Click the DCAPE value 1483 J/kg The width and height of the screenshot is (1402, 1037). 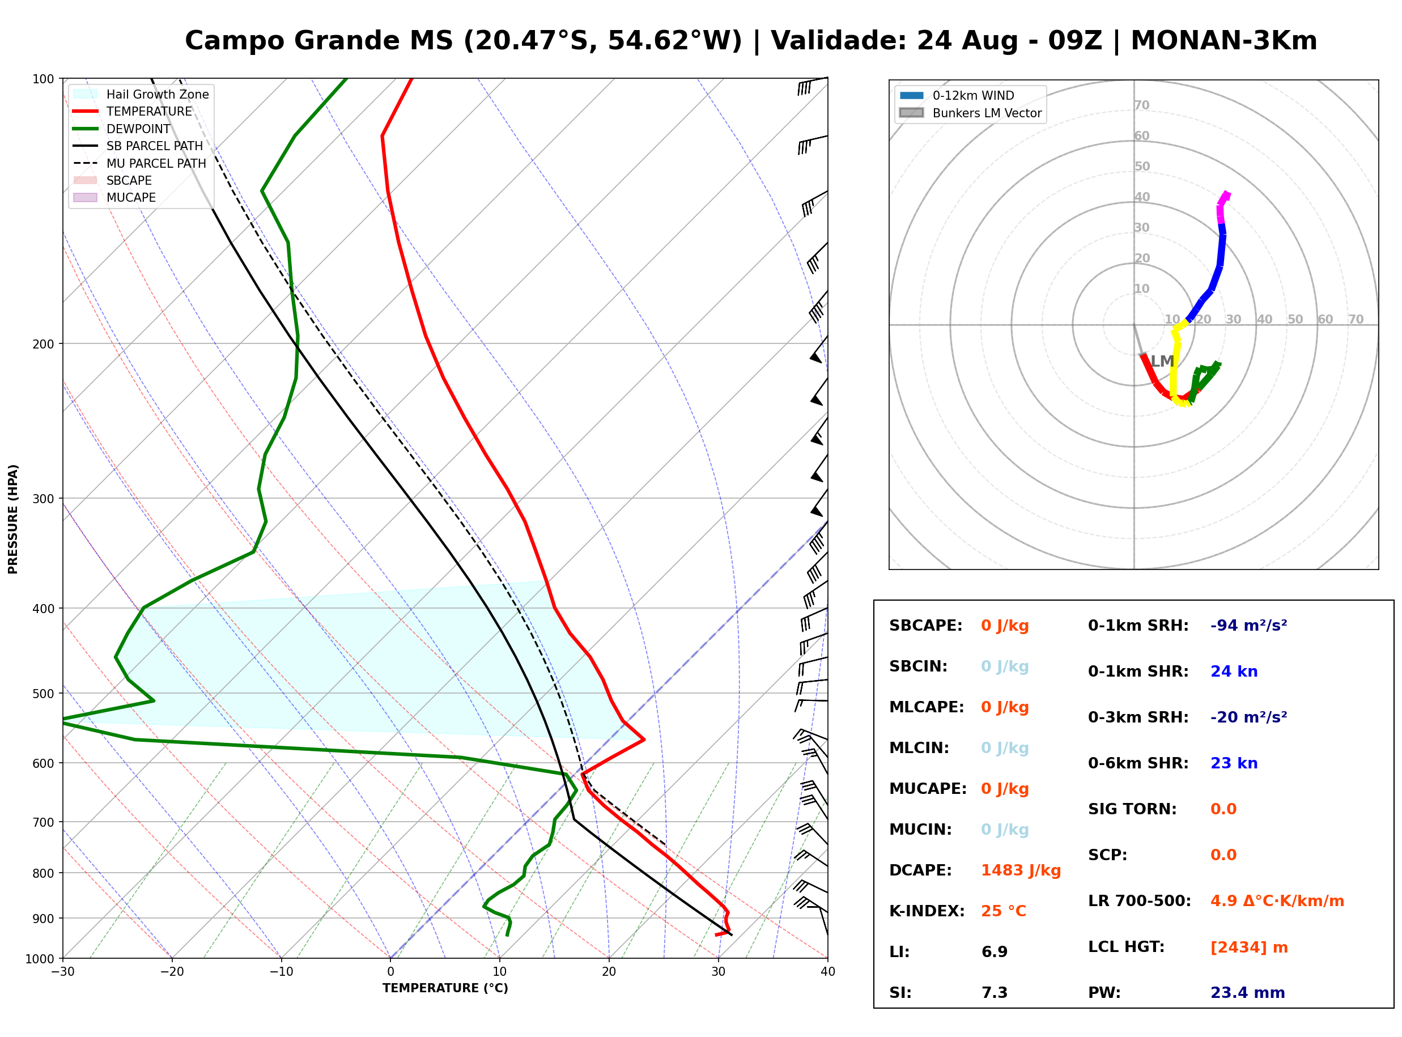[1021, 870]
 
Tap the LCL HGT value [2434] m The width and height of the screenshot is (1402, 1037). [1249, 947]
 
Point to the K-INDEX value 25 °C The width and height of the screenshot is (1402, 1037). [1004, 911]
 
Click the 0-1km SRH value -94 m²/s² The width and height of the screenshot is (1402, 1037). [1248, 626]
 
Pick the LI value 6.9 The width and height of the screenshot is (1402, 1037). [994, 952]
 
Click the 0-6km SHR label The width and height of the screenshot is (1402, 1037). [1138, 763]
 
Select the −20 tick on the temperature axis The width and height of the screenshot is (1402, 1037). [172, 972]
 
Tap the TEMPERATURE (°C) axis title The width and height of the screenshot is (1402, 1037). [445, 988]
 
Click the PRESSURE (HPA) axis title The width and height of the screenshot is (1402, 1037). [13, 519]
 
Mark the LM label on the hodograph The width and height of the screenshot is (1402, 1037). [1162, 361]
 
